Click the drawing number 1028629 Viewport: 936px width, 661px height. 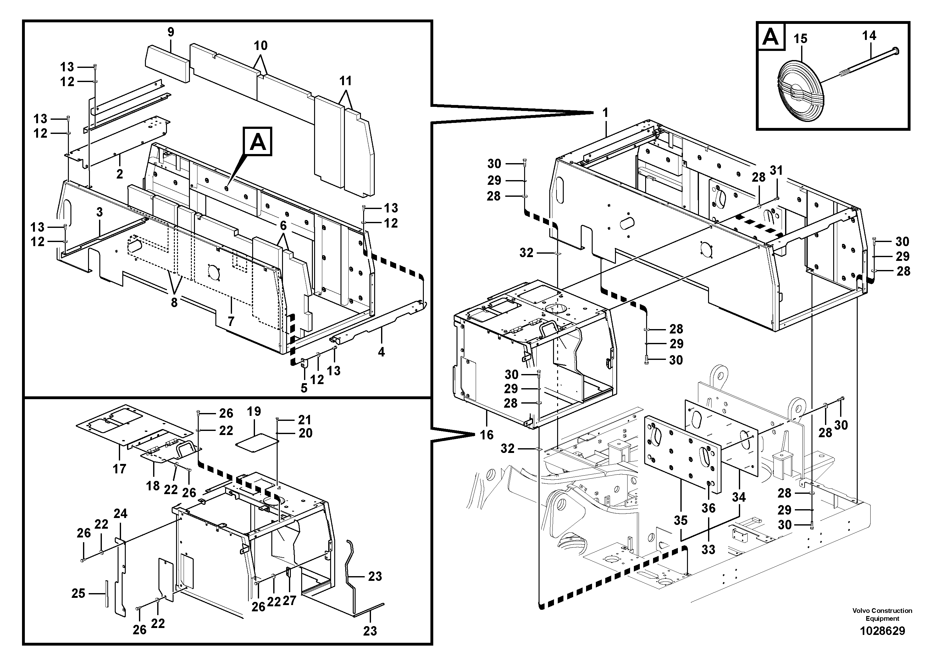[882, 631]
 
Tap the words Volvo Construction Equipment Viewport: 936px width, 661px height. [882, 614]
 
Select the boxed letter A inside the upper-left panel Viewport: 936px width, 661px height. [257, 143]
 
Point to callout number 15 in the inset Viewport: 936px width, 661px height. [800, 39]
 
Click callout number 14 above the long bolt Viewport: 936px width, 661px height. [869, 36]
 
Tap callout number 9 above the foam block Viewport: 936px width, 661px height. [171, 32]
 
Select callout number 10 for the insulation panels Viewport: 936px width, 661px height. [261, 46]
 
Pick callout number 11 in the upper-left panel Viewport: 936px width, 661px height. [345, 81]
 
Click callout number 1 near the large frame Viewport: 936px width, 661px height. [605, 113]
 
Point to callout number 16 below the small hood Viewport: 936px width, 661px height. [486, 435]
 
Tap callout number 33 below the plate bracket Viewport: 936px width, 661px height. [708, 549]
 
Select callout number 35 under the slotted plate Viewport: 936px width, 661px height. [680, 521]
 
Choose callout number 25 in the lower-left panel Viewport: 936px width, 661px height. [78, 593]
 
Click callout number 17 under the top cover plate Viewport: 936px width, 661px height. [119, 469]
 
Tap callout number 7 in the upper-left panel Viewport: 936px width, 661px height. [231, 322]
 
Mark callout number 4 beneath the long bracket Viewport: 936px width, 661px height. [381, 352]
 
